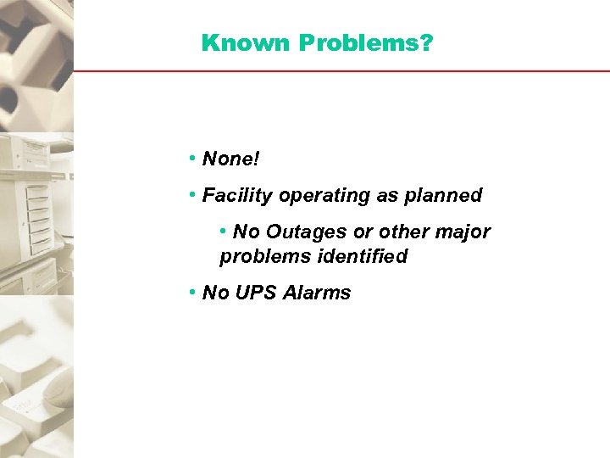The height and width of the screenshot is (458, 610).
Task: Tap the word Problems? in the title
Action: tap(366, 43)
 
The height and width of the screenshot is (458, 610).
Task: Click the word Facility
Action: tap(237, 196)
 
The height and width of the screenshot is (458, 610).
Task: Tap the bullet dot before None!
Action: tap(194, 159)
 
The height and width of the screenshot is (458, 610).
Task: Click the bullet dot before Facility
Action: tap(194, 196)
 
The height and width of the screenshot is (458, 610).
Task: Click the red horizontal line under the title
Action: tap(339, 70)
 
